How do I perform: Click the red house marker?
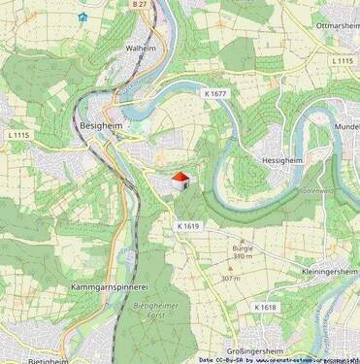pyautogui.click(x=180, y=181)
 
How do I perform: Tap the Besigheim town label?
pyautogui.click(x=100, y=126)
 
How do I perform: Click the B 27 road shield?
pyautogui.click(x=140, y=5)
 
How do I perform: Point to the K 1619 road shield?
pyautogui.click(x=188, y=225)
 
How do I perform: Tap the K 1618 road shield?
pyautogui.click(x=266, y=307)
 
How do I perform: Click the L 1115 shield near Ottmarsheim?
pyautogui.click(x=341, y=60)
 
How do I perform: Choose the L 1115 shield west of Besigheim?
pyautogui.click(x=20, y=134)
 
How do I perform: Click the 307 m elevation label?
pyautogui.click(x=230, y=279)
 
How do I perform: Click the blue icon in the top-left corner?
pyautogui.click(x=82, y=17)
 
